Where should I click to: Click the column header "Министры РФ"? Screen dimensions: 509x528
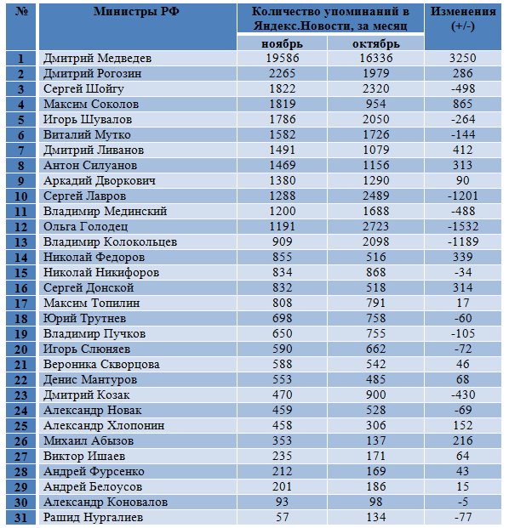pyautogui.click(x=136, y=11)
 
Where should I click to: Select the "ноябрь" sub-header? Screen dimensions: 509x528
pyautogui.click(x=282, y=43)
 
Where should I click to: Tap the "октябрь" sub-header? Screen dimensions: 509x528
pyautogui.click(x=376, y=43)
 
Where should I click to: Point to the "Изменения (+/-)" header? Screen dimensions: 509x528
pyautogui.click(x=463, y=19)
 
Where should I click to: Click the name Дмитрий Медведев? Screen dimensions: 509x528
pyautogui.click(x=97, y=59)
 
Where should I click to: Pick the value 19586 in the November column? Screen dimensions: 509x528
pyautogui.click(x=282, y=58)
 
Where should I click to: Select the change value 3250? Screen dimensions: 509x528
pyautogui.click(x=463, y=58)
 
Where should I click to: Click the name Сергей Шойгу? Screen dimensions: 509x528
pyautogui.click(x=83, y=89)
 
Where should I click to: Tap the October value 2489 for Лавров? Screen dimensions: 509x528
pyautogui.click(x=376, y=196)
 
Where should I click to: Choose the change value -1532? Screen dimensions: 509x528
pyautogui.click(x=463, y=226)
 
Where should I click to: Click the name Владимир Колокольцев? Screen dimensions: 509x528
pyautogui.click(x=111, y=241)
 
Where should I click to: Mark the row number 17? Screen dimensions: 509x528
pyautogui.click(x=21, y=304)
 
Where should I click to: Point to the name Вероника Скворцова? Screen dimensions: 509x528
pyautogui.click(x=101, y=365)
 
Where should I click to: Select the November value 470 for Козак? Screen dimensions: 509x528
pyautogui.click(x=282, y=395)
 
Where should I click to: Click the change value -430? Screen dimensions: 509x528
pyautogui.click(x=463, y=395)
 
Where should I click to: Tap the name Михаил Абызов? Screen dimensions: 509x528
pyautogui.click(x=89, y=440)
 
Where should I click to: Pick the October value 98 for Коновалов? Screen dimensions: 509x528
pyautogui.click(x=376, y=502)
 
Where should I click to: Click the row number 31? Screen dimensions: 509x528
pyautogui.click(x=21, y=518)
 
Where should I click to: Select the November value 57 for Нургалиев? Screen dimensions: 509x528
pyautogui.click(x=282, y=517)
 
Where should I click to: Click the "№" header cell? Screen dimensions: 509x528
pyautogui.click(x=21, y=11)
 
